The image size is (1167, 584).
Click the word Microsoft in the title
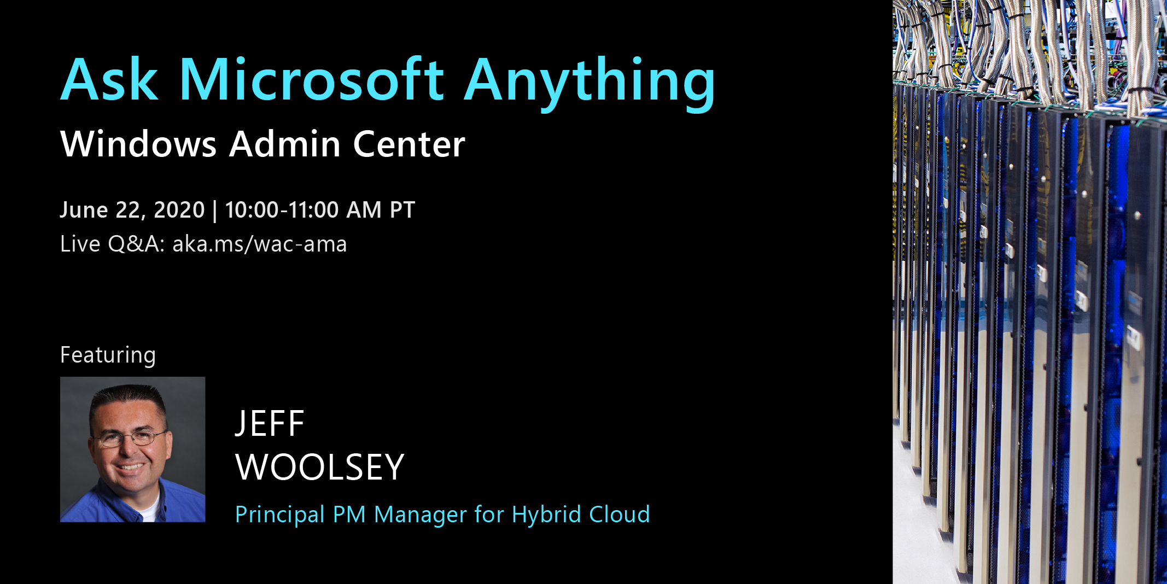(311, 80)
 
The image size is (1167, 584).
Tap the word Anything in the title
(589, 82)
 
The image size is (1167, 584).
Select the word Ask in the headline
(109, 80)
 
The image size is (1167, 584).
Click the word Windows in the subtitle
(138, 144)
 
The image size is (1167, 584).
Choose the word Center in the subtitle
(409, 144)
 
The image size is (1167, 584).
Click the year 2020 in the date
(179, 210)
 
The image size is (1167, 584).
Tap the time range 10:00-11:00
(282, 210)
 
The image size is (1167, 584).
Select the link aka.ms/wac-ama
(259, 244)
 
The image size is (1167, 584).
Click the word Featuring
(108, 355)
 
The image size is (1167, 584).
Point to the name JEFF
(269, 424)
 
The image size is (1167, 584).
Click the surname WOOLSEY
(319, 468)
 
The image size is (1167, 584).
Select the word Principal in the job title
(280, 515)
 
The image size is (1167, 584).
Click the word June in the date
(84, 210)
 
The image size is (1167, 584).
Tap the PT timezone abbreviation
(402, 210)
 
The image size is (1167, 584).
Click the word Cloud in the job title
(619, 515)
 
